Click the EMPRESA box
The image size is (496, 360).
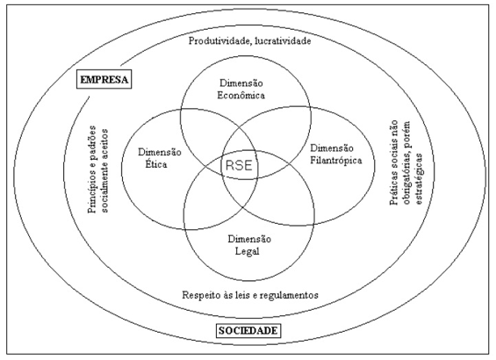tap(104, 79)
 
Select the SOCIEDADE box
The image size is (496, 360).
tap(248, 331)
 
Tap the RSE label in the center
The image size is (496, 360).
tap(239, 165)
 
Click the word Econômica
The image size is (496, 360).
tap(241, 95)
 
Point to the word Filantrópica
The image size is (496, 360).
tap(336, 161)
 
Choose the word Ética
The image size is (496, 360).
tap(156, 164)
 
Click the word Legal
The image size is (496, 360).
tap(247, 251)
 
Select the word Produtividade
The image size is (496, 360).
tap(219, 40)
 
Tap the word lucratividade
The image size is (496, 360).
tap(282, 40)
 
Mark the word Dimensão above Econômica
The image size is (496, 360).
tap(241, 83)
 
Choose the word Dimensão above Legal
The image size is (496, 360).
tap(249, 239)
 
